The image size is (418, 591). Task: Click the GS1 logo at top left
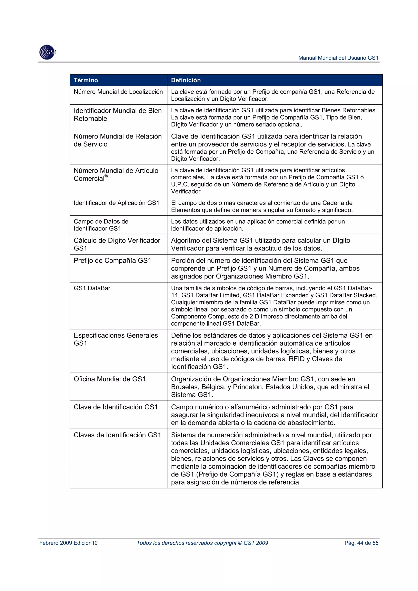(48, 52)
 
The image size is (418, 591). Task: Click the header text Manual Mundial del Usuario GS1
(338, 58)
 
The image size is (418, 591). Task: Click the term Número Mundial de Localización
(118, 92)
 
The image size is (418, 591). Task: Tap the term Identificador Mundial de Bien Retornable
(117, 114)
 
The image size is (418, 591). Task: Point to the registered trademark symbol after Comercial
(106, 176)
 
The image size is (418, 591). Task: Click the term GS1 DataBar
(92, 288)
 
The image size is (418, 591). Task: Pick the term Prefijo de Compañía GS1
(112, 261)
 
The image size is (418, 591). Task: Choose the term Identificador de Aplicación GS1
(116, 203)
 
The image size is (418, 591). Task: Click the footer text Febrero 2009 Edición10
(68, 543)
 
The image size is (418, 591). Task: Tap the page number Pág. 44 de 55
(361, 543)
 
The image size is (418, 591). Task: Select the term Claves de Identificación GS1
(117, 435)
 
